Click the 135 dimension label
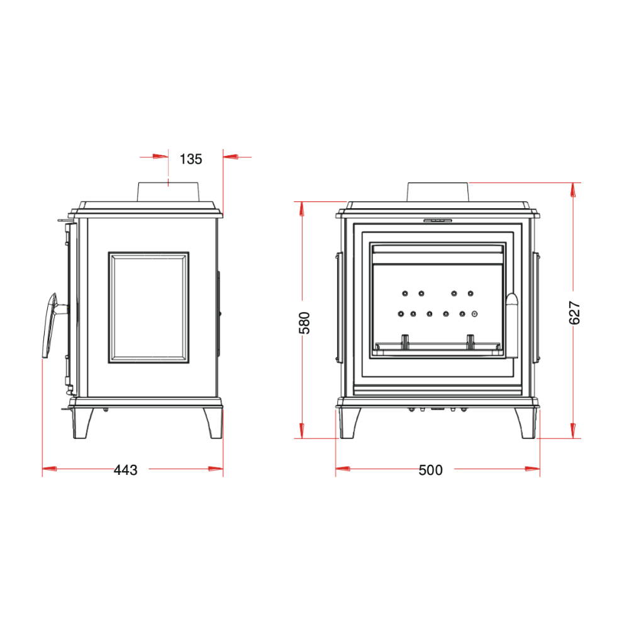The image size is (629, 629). tap(191, 159)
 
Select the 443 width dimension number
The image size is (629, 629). tap(126, 470)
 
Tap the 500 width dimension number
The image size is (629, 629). tap(430, 470)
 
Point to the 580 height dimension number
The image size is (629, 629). tap(304, 323)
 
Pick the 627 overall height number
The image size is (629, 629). tap(574, 313)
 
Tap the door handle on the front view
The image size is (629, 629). tap(512, 326)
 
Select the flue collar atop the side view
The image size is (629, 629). tap(168, 192)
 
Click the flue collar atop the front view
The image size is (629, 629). tap(438, 192)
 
